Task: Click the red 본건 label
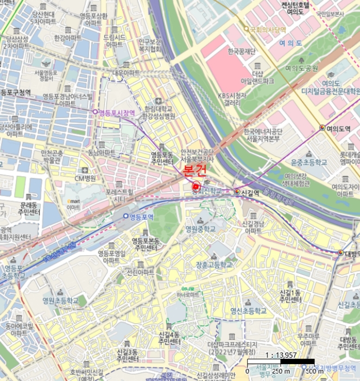click(195, 171)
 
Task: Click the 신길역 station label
click(250, 192)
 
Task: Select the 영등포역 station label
click(142, 217)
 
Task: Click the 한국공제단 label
click(242, 52)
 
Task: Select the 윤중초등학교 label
click(309, 162)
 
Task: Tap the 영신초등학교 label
click(249, 311)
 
